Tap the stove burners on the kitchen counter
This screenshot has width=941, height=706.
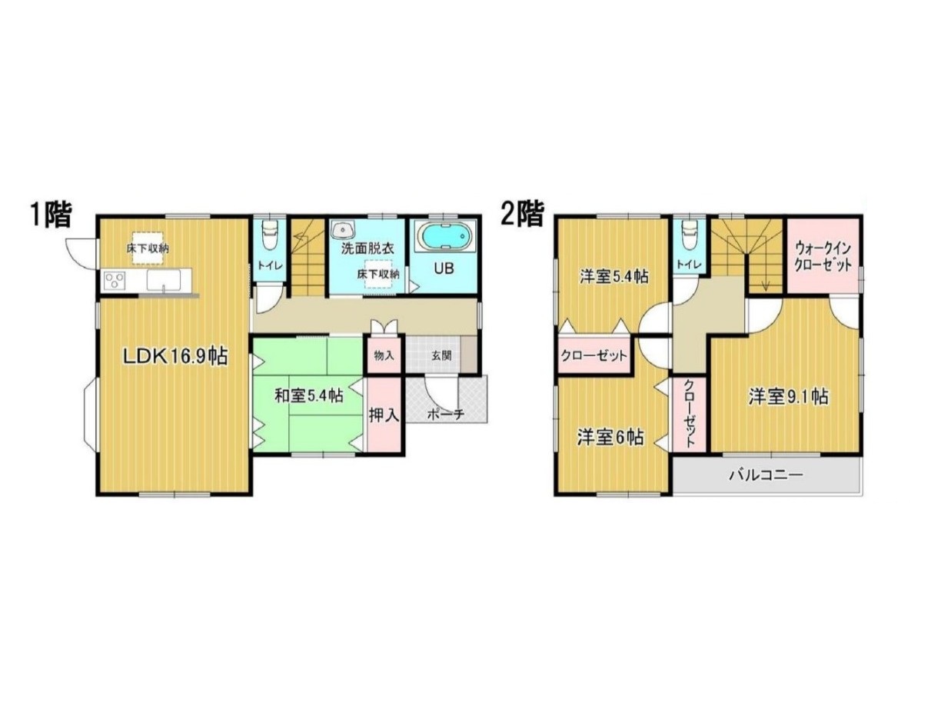coord(115,280)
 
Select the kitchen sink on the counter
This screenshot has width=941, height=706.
coord(163,281)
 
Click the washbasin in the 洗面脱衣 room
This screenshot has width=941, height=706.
coord(343,229)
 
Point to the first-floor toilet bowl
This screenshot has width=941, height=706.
coord(269,235)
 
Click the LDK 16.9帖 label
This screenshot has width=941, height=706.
coord(175,356)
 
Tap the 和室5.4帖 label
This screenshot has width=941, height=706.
coord(308,395)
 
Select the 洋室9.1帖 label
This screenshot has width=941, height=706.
coord(787,397)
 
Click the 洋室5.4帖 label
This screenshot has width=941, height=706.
coord(613,277)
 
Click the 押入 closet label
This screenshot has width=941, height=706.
coord(384,415)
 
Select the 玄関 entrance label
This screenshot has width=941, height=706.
coord(441,355)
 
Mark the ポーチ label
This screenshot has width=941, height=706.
coord(446,414)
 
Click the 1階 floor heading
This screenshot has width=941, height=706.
coord(50,214)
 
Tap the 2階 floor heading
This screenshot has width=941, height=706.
coord(522,214)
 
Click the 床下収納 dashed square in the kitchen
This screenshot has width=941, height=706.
coord(147,248)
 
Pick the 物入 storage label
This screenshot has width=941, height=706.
coord(384,355)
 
